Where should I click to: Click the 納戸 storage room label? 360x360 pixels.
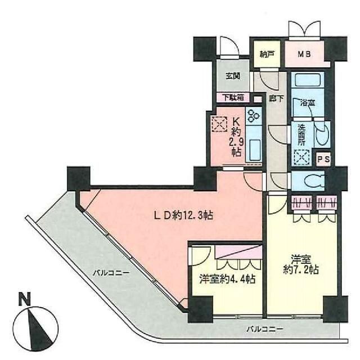click(267, 55)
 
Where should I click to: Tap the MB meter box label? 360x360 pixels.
click(304, 54)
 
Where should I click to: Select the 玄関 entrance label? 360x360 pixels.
click(233, 76)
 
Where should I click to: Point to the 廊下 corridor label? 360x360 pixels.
click(276, 99)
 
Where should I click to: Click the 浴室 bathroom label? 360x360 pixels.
click(308, 103)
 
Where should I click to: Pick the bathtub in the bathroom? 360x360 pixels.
click(308, 80)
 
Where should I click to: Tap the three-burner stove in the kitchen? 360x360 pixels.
click(254, 115)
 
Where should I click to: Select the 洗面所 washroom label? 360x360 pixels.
click(301, 135)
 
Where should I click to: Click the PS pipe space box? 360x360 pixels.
click(323, 159)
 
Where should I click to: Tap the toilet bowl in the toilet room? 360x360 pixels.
click(314, 181)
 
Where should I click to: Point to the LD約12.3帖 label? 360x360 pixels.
click(183, 215)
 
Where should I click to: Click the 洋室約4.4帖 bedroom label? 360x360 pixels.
click(227, 279)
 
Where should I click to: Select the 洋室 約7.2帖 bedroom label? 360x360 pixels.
click(301, 264)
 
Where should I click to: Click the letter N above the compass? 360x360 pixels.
click(25, 299)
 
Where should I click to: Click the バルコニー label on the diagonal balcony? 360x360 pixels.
click(111, 273)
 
